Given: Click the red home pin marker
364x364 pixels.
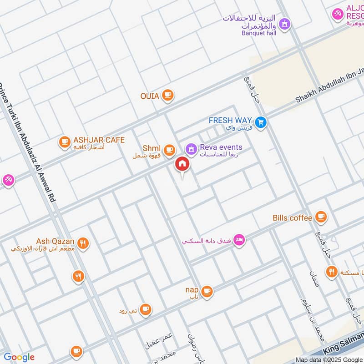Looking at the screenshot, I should (x=182, y=164).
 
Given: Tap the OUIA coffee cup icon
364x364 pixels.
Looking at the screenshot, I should (x=168, y=95).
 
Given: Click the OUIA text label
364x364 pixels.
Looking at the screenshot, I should (x=149, y=96).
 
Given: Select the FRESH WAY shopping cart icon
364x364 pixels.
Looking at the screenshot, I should (x=260, y=122).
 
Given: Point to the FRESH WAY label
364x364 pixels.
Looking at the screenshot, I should (x=230, y=121).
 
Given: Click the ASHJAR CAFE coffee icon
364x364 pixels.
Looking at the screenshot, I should (x=65, y=142).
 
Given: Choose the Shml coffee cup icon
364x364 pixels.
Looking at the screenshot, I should (x=169, y=149).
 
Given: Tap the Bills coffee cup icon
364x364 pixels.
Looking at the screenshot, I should (x=321, y=217).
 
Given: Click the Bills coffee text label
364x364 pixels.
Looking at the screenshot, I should (x=293, y=218).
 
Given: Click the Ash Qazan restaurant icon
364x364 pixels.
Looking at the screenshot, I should (x=82, y=243).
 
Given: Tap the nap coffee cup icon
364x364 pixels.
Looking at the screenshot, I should (x=207, y=291).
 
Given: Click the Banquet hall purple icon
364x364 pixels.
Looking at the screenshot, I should (x=284, y=24).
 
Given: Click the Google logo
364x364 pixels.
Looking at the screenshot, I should (x=19, y=357).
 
